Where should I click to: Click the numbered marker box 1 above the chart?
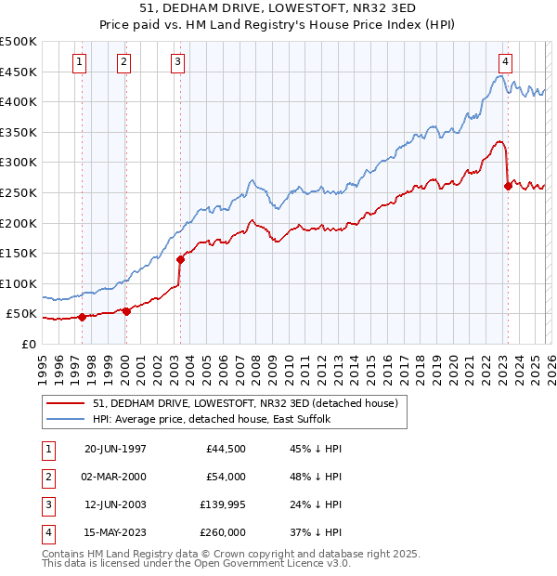(80, 62)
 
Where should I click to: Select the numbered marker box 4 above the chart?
(505, 62)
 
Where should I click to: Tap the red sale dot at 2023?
(508, 187)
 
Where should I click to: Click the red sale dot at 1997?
(82, 317)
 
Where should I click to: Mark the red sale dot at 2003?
(180, 259)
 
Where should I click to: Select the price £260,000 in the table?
(222, 532)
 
